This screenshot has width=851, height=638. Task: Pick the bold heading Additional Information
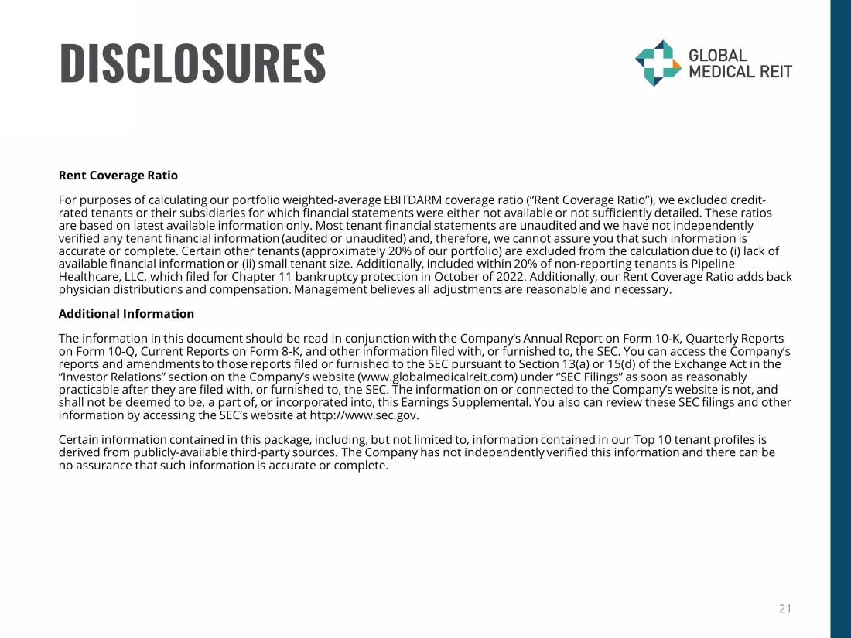[x=126, y=314]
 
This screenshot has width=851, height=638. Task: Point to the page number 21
[x=784, y=609]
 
